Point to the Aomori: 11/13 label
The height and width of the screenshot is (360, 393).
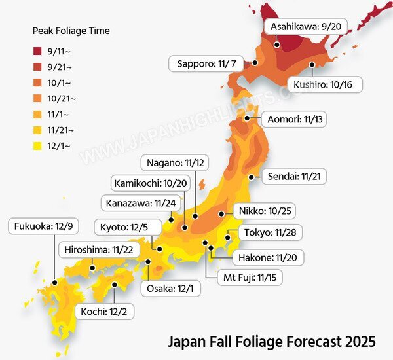click(x=297, y=120)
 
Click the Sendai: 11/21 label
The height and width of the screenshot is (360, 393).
click(x=297, y=177)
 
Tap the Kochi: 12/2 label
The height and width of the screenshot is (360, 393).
click(x=105, y=312)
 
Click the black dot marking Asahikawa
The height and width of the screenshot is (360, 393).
click(x=278, y=45)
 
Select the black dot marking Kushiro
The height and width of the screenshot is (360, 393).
click(x=312, y=64)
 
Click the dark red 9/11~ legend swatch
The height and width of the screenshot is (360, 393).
click(x=38, y=50)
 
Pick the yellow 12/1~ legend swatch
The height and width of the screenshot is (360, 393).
click(x=38, y=146)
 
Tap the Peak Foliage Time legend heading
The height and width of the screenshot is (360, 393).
click(x=71, y=31)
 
